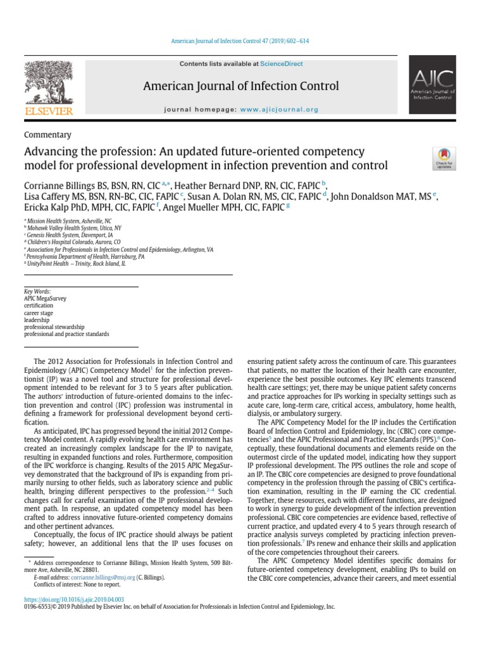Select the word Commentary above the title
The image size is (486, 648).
(x=47, y=135)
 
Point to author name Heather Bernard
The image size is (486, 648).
(x=212, y=185)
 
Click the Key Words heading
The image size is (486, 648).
(x=37, y=292)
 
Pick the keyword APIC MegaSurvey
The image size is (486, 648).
(x=45, y=299)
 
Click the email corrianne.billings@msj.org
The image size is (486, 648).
(x=94, y=578)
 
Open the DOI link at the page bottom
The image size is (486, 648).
(x=74, y=599)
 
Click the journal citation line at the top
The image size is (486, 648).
(x=243, y=41)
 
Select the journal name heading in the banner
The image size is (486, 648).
(x=241, y=86)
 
